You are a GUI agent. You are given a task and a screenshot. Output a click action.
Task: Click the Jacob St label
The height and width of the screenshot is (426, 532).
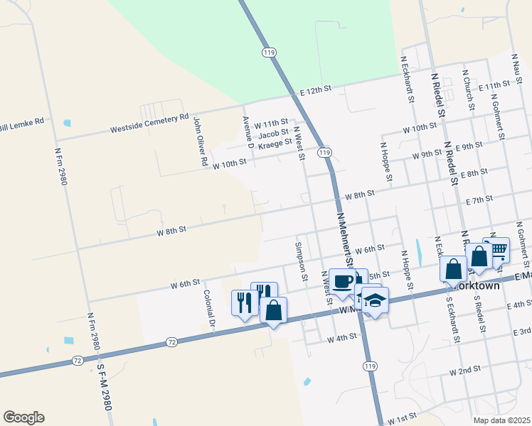click(x=273, y=133)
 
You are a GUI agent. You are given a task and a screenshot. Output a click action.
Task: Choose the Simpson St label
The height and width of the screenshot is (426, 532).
click(x=302, y=261)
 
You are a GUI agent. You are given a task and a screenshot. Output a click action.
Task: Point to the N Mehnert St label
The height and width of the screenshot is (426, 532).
click(x=346, y=234)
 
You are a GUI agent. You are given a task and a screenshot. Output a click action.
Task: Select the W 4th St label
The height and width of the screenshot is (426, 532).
click(x=341, y=339)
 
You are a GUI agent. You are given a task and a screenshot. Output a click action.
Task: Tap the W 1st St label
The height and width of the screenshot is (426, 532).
click(x=402, y=419)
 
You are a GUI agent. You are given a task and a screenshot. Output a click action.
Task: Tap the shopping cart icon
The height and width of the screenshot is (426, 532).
click(x=497, y=249)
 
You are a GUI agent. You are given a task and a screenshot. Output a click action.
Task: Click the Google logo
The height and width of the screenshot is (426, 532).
click(x=23, y=417)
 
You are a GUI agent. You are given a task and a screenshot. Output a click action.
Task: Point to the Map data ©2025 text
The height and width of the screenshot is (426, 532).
click(x=501, y=420)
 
